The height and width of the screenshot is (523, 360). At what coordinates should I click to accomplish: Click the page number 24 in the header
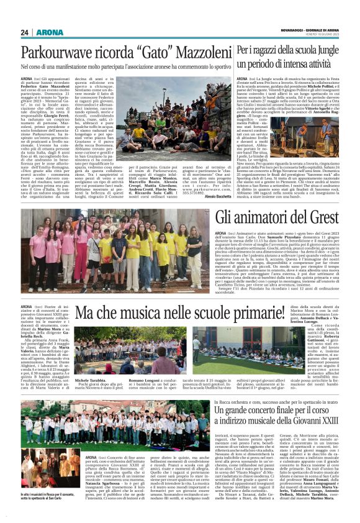coord(24,32)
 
